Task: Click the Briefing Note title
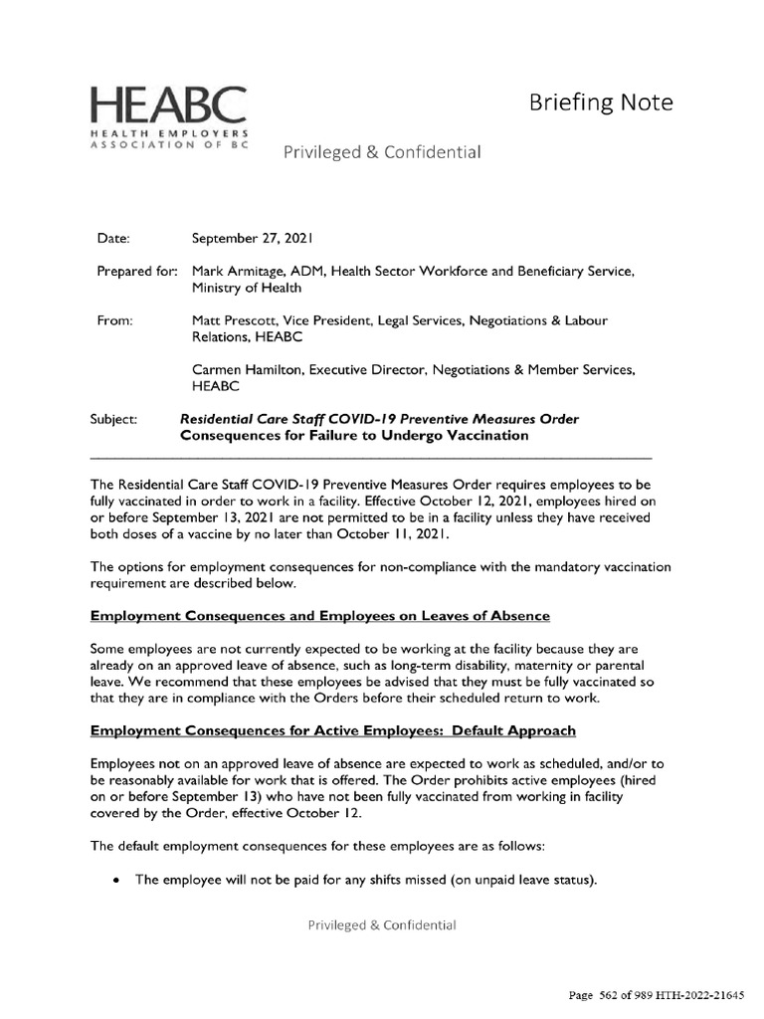tap(600, 102)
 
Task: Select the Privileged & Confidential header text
tap(383, 152)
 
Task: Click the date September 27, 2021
tap(253, 239)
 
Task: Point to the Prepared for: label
tap(137, 271)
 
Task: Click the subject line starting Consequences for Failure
tap(354, 436)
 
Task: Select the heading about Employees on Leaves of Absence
tap(319, 616)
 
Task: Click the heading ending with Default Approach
tap(332, 730)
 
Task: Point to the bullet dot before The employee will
tap(118, 880)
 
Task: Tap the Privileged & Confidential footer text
tap(382, 924)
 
